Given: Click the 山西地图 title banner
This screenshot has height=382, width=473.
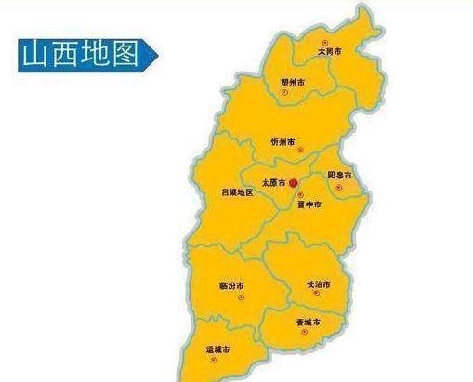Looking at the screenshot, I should coord(81,54).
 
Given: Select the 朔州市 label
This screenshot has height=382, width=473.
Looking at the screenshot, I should coord(293,82).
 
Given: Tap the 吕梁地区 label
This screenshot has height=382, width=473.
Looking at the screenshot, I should coord(236,192).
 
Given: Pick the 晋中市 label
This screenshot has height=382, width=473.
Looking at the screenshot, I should coord(309,204).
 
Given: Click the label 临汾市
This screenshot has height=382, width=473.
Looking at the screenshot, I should coord(231,284).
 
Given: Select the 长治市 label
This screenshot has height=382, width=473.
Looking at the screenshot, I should coord(318,283).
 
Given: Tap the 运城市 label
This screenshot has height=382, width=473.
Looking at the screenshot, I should coord(217,350).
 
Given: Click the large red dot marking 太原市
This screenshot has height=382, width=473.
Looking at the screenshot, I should coord(293,183).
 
